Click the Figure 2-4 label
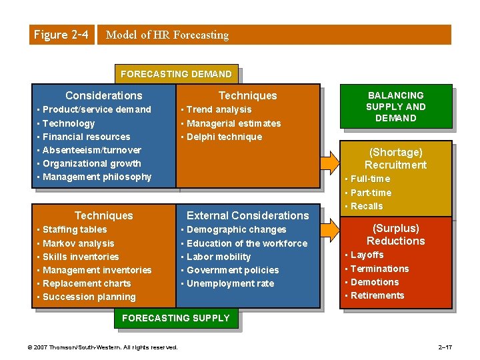tap(60, 35)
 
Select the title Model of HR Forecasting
tap(167, 35)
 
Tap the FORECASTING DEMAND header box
tap(177, 74)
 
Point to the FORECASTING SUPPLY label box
tap(175, 318)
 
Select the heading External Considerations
tap(247, 215)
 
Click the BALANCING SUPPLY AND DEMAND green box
tap(396, 107)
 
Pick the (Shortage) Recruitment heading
tap(396, 159)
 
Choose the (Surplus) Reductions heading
tap(396, 235)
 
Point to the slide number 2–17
tap(445, 347)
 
